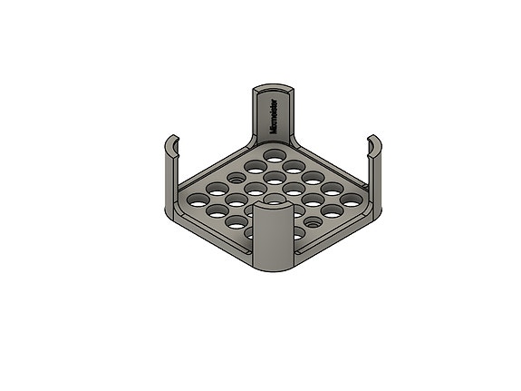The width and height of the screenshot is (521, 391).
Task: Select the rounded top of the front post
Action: pos(274,208)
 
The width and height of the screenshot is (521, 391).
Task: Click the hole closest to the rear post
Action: pos(274,157)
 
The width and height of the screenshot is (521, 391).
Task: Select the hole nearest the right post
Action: pos(351,197)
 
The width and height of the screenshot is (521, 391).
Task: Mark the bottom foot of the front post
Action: pos(274,269)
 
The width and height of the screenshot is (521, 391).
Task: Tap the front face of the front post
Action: pos(274,240)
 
